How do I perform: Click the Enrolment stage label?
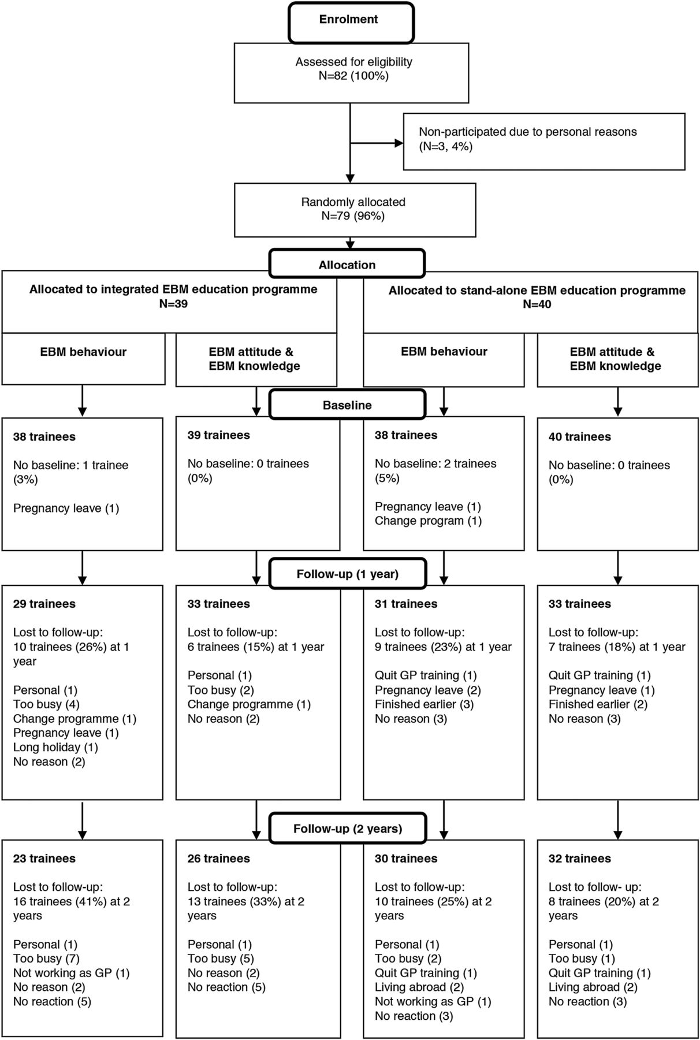(x=348, y=19)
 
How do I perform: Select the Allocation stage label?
(x=347, y=265)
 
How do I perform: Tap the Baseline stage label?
(x=347, y=405)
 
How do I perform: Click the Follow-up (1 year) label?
(x=348, y=574)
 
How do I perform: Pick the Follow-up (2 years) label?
(x=348, y=829)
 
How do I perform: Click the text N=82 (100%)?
(x=354, y=76)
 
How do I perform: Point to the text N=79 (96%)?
(x=353, y=216)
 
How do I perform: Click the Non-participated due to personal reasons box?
(x=544, y=141)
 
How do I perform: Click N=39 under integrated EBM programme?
(x=173, y=303)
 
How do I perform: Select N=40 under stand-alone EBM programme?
(x=537, y=304)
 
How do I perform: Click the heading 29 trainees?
(x=44, y=604)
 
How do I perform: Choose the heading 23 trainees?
(x=44, y=859)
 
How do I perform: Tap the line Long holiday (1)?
(x=55, y=747)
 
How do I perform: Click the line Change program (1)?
(x=428, y=521)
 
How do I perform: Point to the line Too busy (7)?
(x=46, y=959)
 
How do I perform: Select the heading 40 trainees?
(x=580, y=437)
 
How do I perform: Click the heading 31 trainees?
(x=406, y=604)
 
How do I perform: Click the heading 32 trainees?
(x=580, y=859)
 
